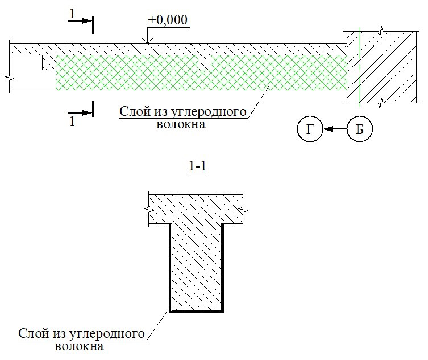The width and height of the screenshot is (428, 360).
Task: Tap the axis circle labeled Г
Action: [309, 130]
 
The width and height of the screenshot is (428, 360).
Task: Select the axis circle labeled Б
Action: [359, 130]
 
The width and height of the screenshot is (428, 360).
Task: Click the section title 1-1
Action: [196, 168]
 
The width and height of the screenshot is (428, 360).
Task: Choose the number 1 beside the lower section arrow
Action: [71, 122]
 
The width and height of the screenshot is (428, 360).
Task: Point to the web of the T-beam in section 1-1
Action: [196, 267]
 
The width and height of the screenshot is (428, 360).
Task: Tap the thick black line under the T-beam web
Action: [196, 312]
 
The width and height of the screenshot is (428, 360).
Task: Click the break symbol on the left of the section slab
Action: [148, 209]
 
